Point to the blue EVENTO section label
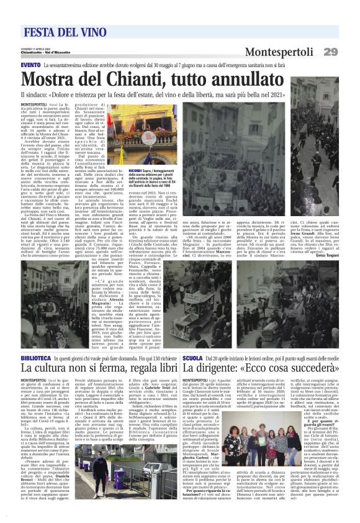coord(30,65)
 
